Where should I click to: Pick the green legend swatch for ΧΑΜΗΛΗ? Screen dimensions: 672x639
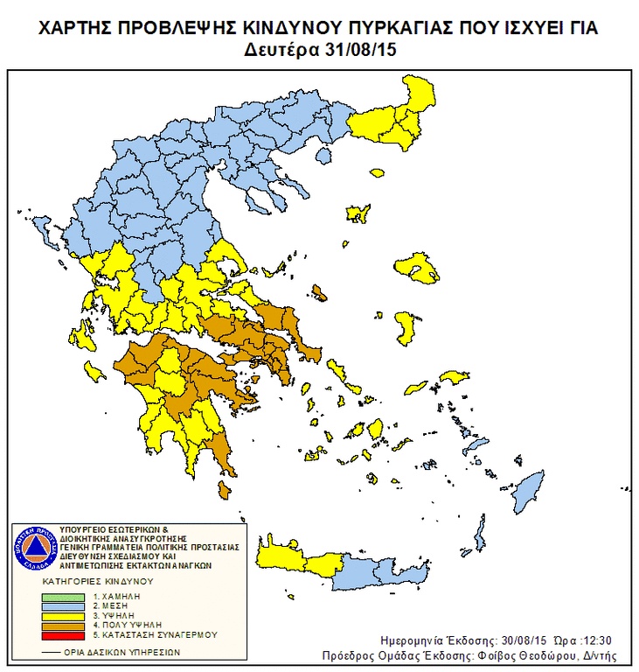pyautogui.click(x=64, y=596)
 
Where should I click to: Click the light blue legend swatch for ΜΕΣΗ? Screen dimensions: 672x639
pyautogui.click(x=64, y=605)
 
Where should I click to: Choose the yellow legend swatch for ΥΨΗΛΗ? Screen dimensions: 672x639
pyautogui.click(x=64, y=615)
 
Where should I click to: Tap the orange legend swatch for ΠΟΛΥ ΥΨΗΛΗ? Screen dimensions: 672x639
pyautogui.click(x=64, y=625)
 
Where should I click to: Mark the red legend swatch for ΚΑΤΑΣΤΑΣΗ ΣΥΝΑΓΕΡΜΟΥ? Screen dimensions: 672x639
pyautogui.click(x=64, y=634)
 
